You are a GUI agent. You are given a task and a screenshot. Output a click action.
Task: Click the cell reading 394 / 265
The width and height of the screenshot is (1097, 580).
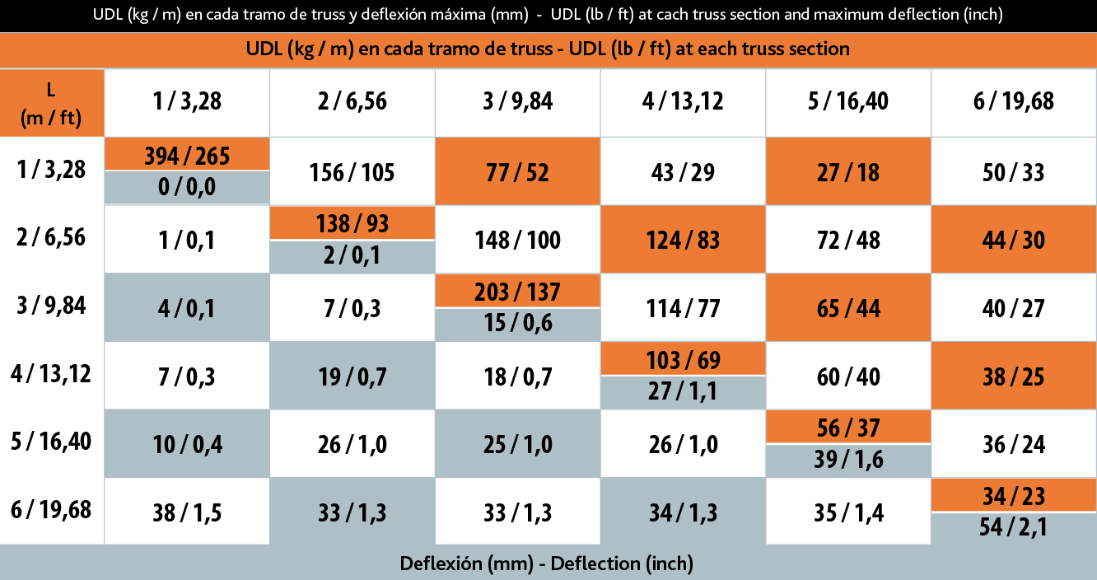(x=187, y=155)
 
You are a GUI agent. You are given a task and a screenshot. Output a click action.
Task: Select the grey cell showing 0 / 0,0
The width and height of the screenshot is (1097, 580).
(x=187, y=187)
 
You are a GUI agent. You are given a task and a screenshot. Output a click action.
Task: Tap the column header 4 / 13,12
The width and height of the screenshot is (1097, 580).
(x=683, y=102)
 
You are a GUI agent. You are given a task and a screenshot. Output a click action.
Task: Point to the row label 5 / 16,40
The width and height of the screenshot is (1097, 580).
(x=52, y=442)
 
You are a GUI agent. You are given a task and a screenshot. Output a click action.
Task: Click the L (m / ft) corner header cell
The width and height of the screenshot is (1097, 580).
(x=52, y=102)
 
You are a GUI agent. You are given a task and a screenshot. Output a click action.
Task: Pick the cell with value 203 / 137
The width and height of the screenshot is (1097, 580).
(x=517, y=292)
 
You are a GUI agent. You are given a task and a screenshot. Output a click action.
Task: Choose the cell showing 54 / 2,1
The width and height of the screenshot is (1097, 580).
(x=1014, y=526)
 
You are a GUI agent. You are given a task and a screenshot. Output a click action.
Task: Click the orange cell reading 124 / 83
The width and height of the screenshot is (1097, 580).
(x=683, y=240)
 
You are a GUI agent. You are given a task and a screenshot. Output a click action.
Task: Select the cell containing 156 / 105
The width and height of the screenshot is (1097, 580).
(x=352, y=172)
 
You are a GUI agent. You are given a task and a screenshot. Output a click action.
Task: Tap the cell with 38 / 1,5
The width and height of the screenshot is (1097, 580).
(x=187, y=512)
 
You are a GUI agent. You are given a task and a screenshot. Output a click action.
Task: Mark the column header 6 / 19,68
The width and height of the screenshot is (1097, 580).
(x=1014, y=102)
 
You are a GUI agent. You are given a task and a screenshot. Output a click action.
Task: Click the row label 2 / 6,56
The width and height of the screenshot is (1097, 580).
(x=52, y=237)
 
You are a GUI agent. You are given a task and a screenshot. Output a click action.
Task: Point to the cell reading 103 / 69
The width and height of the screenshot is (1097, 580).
(x=683, y=360)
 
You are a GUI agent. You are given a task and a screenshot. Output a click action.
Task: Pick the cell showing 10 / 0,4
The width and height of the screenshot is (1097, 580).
(x=187, y=444)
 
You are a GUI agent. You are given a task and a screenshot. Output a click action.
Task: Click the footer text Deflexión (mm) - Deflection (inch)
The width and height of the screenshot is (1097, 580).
(x=547, y=564)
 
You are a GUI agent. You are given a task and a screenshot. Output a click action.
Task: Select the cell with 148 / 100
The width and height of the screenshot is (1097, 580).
(x=517, y=240)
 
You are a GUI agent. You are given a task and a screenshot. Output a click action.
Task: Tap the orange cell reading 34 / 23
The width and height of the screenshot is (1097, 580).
(x=1014, y=496)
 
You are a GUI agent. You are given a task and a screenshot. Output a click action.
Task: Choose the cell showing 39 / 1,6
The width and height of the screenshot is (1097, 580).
(x=848, y=460)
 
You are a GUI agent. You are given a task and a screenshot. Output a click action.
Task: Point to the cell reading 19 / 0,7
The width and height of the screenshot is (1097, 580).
(x=352, y=377)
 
